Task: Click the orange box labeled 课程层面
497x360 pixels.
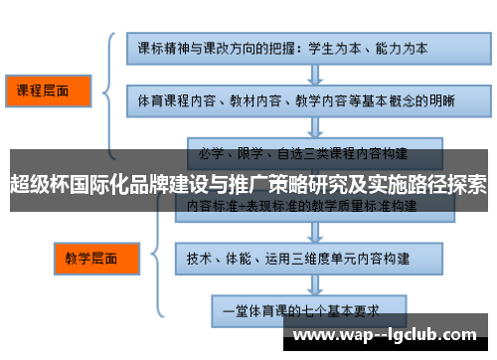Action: [x=46, y=91]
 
